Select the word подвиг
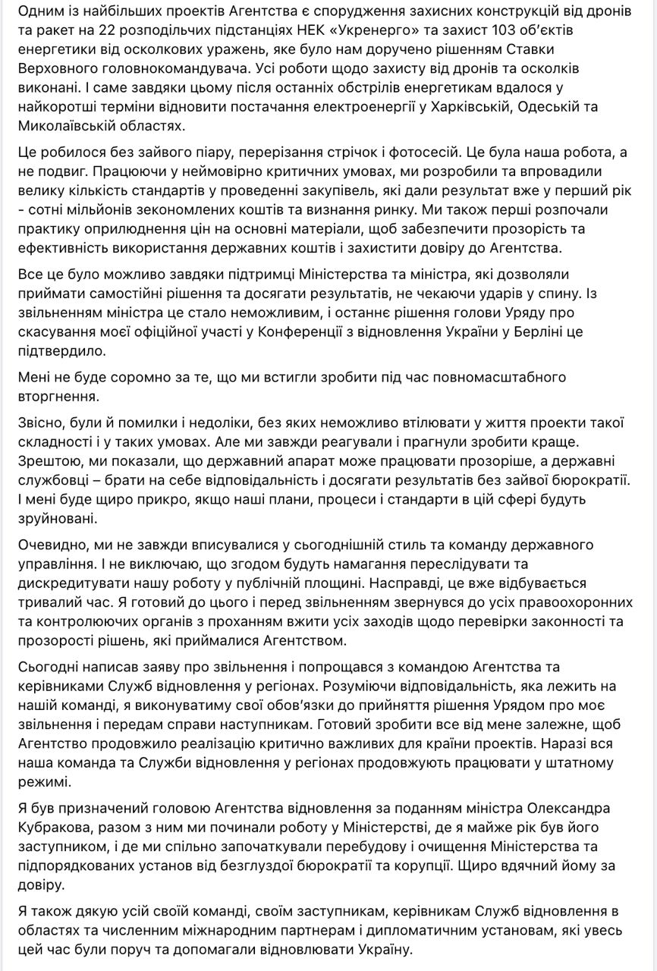60,171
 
